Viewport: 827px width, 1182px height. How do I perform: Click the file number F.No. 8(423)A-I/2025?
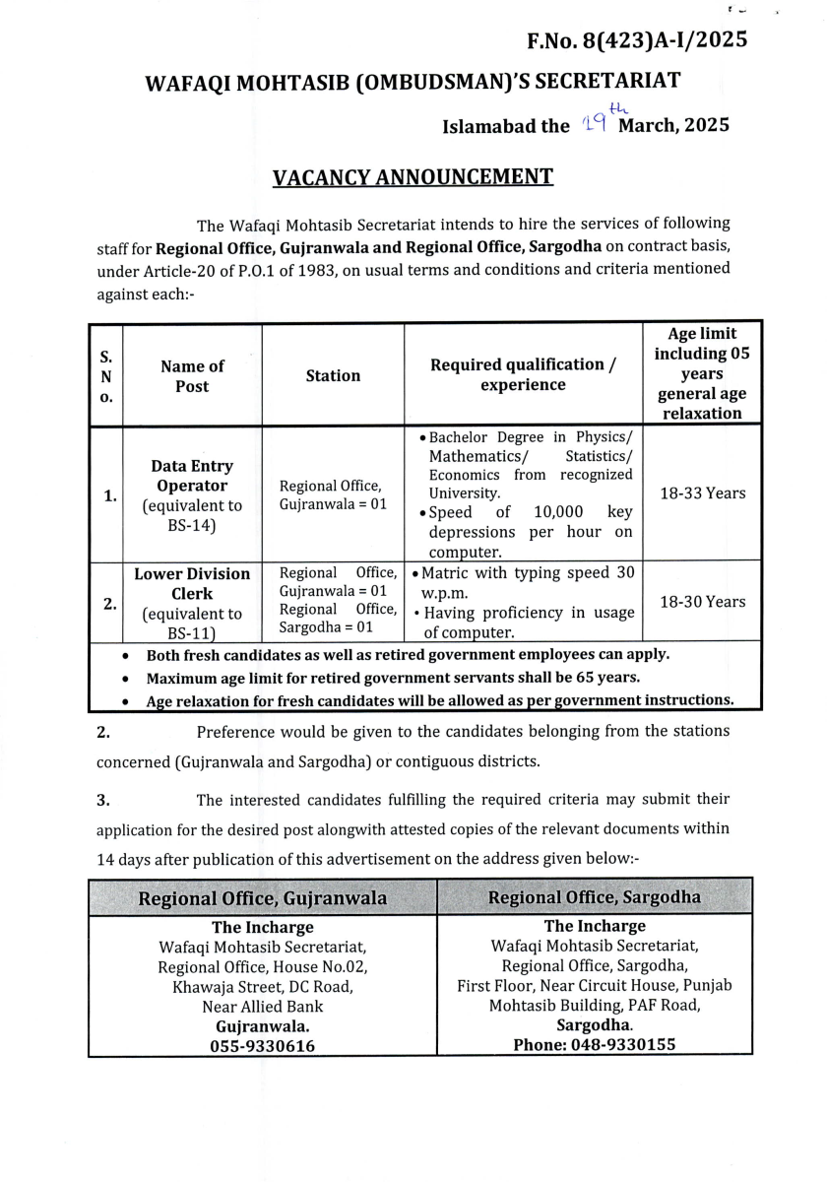(x=637, y=40)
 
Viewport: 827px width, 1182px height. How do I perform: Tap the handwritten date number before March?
(x=592, y=123)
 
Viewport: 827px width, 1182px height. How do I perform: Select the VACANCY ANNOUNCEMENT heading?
(x=413, y=177)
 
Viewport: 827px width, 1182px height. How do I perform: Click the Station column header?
(x=333, y=375)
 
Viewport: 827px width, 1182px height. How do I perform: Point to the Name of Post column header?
(x=192, y=376)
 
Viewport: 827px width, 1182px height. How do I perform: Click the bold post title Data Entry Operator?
(x=192, y=476)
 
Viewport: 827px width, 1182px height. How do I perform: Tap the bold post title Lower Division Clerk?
(x=192, y=583)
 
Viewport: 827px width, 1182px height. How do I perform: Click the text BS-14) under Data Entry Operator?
(x=192, y=527)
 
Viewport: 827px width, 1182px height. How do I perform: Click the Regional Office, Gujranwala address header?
(x=263, y=898)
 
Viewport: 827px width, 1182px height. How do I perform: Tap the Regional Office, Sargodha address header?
(x=595, y=897)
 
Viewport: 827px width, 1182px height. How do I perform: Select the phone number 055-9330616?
(x=263, y=1046)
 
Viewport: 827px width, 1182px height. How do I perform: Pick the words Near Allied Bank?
(x=263, y=1007)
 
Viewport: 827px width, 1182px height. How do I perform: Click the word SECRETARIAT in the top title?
(x=597, y=83)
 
